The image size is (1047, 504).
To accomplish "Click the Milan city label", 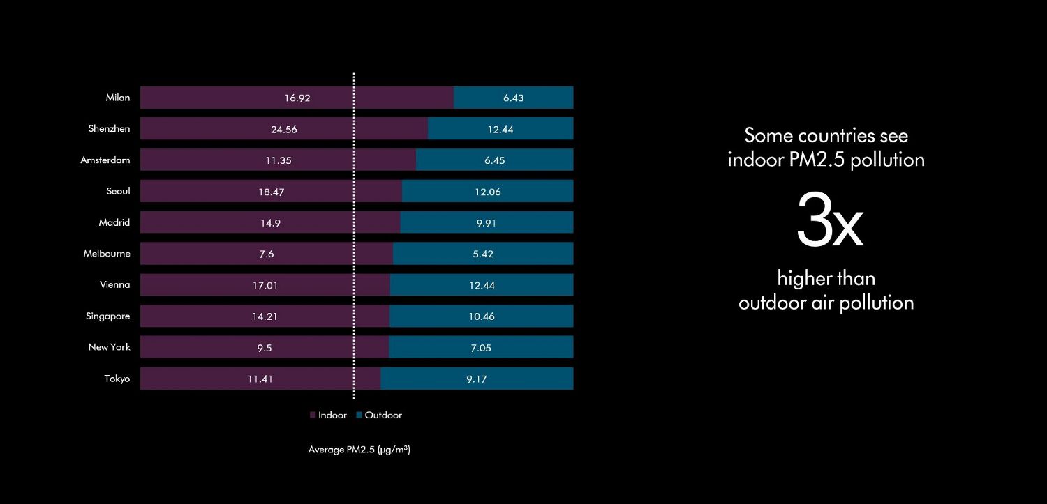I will tap(118, 98).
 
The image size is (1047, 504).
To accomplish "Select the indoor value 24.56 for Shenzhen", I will tap(284, 129).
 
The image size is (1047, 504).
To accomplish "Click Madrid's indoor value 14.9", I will tap(267, 222).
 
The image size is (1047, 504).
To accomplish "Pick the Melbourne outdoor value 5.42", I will tap(483, 254).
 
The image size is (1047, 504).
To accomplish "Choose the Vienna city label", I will tap(115, 284).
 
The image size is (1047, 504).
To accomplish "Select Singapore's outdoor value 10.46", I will tap(482, 316).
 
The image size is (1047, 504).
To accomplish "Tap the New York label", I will tap(109, 347).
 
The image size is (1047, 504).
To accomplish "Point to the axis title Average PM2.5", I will tap(359, 450).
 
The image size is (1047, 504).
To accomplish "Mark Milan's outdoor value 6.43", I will tap(513, 98).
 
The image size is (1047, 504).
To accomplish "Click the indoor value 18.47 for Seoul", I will tap(271, 191).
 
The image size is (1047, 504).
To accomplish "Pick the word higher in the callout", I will tap(803, 279).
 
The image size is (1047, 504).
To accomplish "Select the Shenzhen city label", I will tap(109, 129).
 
